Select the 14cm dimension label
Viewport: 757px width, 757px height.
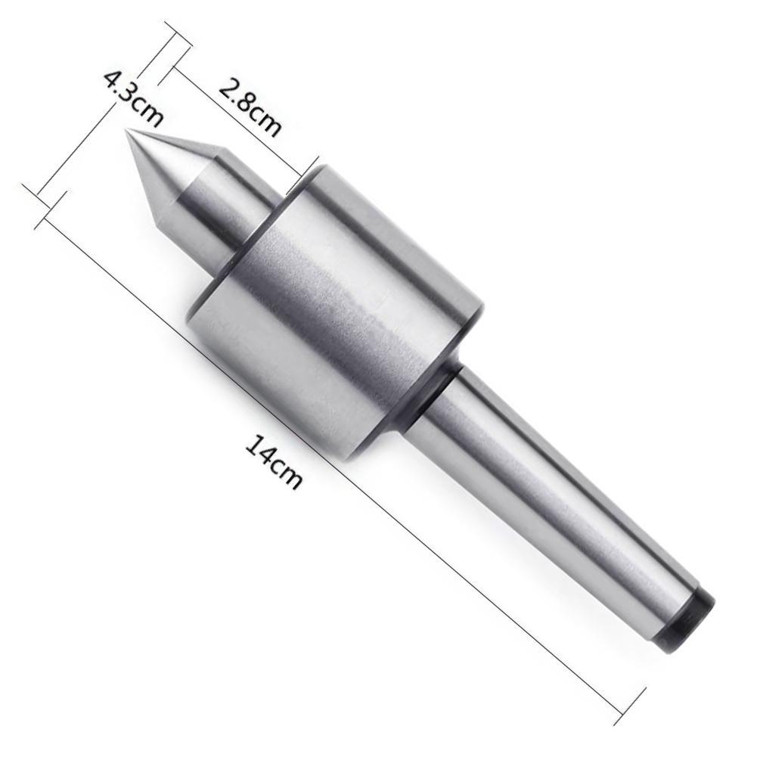click(274, 461)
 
